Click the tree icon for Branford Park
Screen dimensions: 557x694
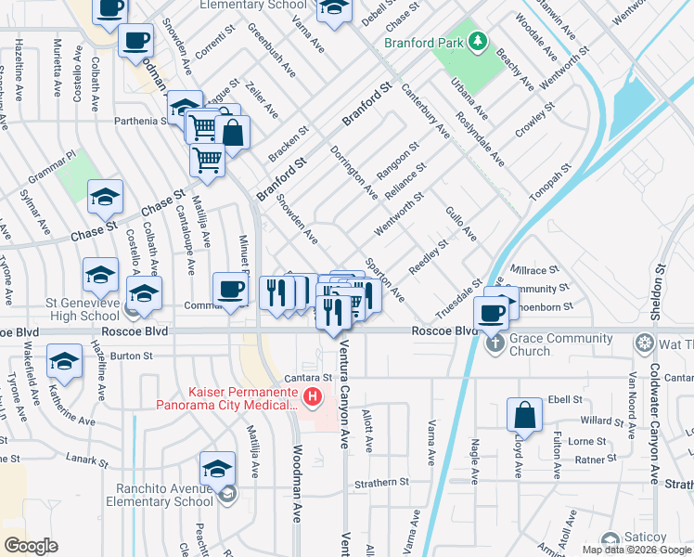click(x=477, y=41)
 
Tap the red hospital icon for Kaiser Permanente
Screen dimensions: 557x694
click(x=313, y=397)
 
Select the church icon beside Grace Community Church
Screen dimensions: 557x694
click(x=495, y=344)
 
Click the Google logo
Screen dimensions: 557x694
click(x=32, y=545)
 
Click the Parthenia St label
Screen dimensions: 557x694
click(x=136, y=120)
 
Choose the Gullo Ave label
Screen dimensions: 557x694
click(x=461, y=224)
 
